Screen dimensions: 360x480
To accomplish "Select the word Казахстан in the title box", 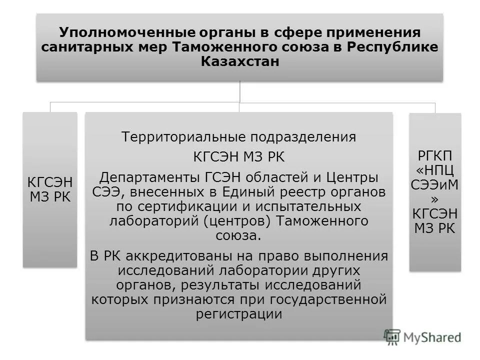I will click(239, 61).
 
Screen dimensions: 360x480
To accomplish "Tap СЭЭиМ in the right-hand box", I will click(434, 185).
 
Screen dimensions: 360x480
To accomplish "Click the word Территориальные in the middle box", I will click(186, 137).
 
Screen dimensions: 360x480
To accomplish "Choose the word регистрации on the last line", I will click(239, 314).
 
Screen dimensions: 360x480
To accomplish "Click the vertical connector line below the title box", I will click(240, 93).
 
